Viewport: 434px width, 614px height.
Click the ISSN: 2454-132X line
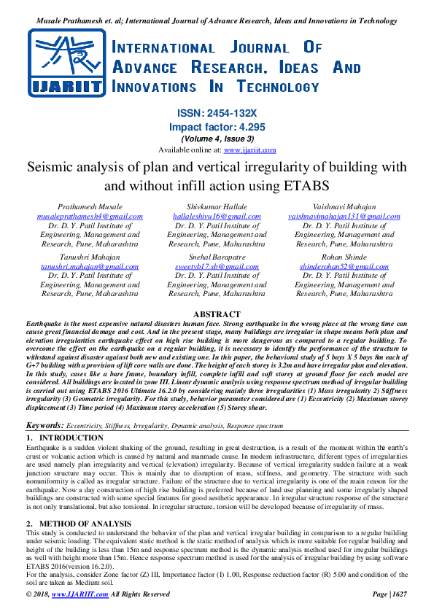(217, 114)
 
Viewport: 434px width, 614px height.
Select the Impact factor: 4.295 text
(217, 126)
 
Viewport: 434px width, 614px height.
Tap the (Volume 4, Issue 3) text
(217, 139)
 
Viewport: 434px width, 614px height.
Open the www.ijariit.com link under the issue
(249, 149)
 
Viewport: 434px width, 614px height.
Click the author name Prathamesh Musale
(90, 207)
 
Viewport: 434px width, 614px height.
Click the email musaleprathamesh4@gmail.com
(90, 217)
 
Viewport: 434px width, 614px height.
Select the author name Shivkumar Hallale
(217, 207)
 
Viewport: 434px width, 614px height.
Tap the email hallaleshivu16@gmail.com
(217, 217)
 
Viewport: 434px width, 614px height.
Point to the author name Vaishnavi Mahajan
(344, 207)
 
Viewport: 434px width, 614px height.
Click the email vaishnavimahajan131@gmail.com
(344, 217)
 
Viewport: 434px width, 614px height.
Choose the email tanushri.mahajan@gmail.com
(90, 267)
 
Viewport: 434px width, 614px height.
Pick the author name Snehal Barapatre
(217, 257)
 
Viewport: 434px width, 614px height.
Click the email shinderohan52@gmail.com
(344, 267)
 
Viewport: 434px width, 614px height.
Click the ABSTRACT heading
(217, 313)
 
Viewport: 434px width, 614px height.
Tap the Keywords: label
(44, 424)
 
